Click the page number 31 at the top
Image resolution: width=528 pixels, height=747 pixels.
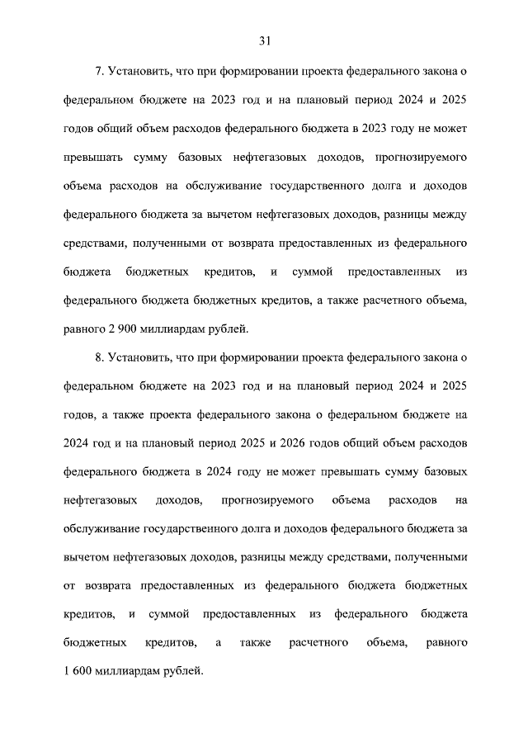[264, 40]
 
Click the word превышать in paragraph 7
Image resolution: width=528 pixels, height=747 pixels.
[92, 157]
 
